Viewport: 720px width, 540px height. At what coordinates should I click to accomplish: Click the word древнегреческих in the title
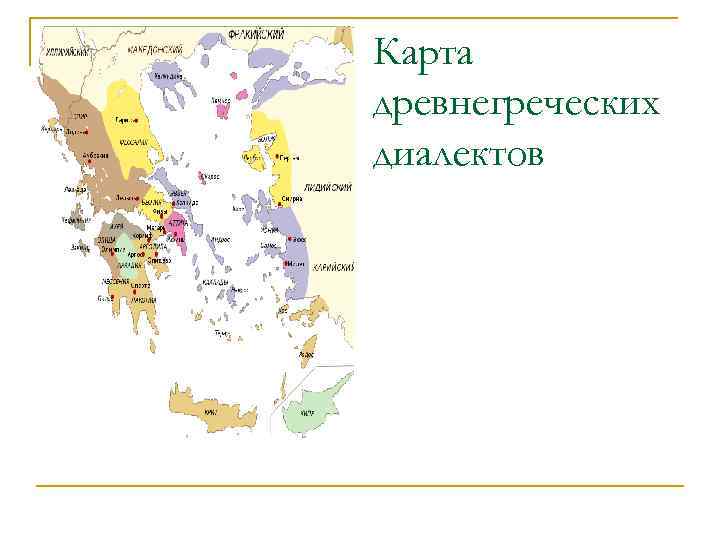515,104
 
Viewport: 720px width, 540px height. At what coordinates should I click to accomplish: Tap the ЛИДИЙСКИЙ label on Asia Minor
331,187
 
